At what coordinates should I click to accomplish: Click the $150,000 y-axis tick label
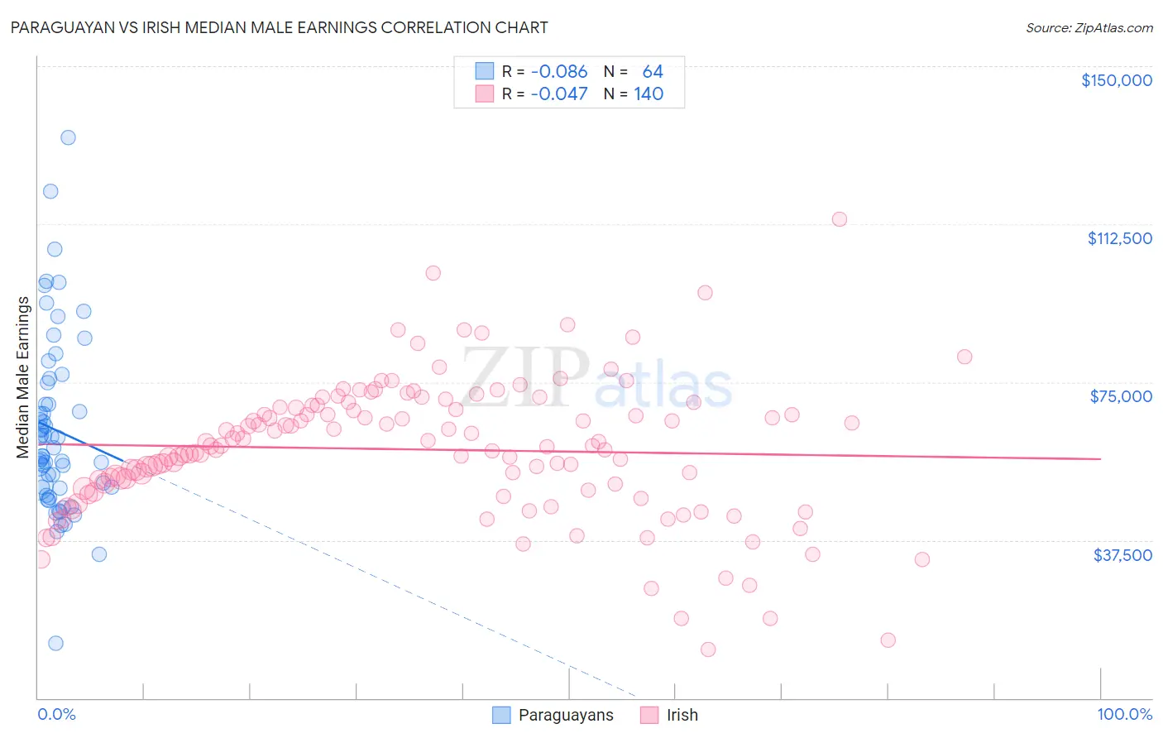pos(1116,80)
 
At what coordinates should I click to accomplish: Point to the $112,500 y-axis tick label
pos(1119,238)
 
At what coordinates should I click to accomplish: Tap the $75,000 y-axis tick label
pos(1121,396)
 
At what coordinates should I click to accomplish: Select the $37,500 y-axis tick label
pos(1122,555)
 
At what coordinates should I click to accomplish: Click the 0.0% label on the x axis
pos(56,715)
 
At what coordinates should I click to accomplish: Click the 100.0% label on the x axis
pos(1124,715)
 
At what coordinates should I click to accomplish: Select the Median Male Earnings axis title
pos(22,377)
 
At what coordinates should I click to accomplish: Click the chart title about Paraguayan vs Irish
pos(279,27)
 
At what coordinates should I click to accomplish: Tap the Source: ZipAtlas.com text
pos(1089,27)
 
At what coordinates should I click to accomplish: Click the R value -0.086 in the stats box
pos(558,72)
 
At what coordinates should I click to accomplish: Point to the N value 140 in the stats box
pos(649,94)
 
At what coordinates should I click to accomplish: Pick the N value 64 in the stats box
pos(653,72)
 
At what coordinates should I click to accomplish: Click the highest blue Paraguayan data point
pos(68,137)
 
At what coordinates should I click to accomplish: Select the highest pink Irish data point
pos(840,219)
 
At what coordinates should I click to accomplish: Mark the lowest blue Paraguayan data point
pos(55,643)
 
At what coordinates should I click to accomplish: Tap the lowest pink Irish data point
pos(708,649)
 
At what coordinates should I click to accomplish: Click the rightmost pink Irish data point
pos(964,357)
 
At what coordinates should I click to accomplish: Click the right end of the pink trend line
pos(1100,458)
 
